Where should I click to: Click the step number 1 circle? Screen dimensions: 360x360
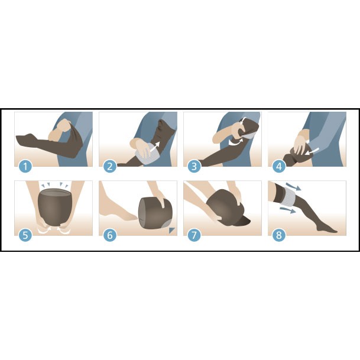point(25,166)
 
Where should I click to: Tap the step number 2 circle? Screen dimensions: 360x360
point(110,166)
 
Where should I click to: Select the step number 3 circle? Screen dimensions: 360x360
point(194,166)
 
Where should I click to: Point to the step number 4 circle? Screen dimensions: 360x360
point(279,166)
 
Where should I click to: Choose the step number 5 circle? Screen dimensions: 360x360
point(25,235)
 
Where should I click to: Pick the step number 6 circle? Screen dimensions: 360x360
point(110,235)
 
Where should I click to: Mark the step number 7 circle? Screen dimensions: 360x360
point(194,235)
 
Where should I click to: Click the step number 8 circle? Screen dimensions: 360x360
point(279,235)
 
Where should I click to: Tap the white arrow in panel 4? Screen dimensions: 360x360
point(312,151)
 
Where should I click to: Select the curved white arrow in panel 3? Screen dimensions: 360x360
point(236,142)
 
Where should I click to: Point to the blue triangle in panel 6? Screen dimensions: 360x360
point(171,230)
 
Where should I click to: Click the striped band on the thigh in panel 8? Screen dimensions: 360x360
point(290,197)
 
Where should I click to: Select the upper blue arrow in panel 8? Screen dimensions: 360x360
point(294,186)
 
